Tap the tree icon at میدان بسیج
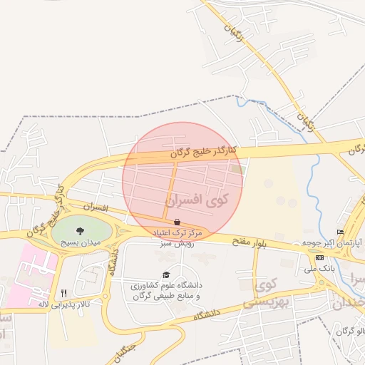[79, 230]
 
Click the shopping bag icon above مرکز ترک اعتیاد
[176, 222]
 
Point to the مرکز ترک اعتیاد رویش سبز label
[177, 237]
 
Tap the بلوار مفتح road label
[248, 242]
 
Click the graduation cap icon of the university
[166, 275]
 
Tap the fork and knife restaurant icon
[63, 293]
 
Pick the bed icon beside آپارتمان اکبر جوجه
[341, 232]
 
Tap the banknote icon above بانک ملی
[319, 257]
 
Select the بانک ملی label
[319, 269]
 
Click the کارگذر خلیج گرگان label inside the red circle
[203, 152]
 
